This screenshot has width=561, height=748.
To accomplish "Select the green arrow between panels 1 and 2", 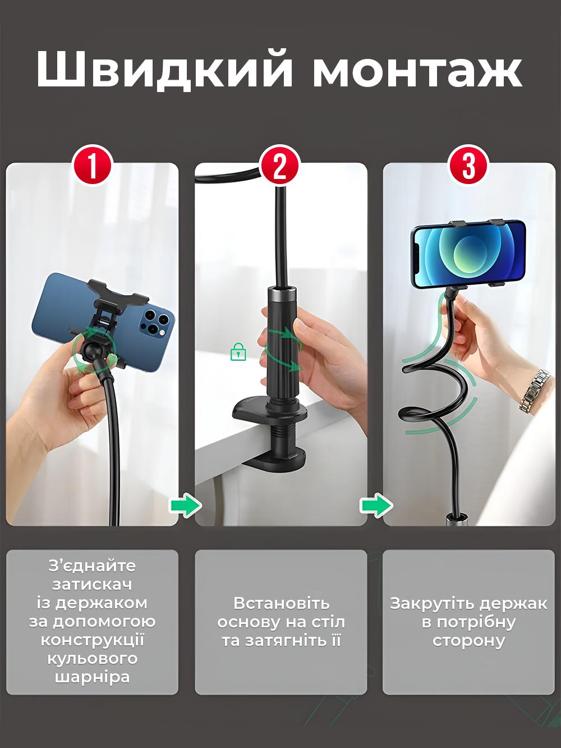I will coord(186,504).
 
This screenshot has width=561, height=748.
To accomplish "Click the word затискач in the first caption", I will coord(92,584).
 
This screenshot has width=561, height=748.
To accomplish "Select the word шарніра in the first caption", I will coord(92,677).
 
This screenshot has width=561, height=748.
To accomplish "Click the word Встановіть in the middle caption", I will coord(281,603).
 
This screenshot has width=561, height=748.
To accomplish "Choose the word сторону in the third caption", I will coord(468,640).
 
